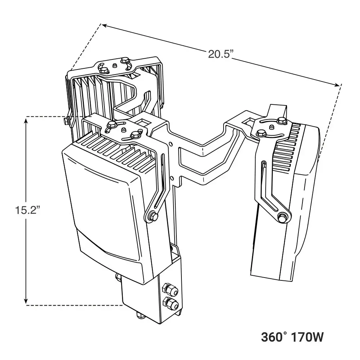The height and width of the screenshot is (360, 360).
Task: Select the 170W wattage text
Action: (x=308, y=337)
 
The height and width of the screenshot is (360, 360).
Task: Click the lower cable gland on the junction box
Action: (x=171, y=303)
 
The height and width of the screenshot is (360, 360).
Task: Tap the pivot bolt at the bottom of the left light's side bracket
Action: (x=152, y=216)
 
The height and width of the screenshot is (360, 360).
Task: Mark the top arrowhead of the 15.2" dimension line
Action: (x=26, y=119)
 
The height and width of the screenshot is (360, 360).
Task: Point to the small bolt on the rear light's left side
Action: (x=66, y=121)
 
